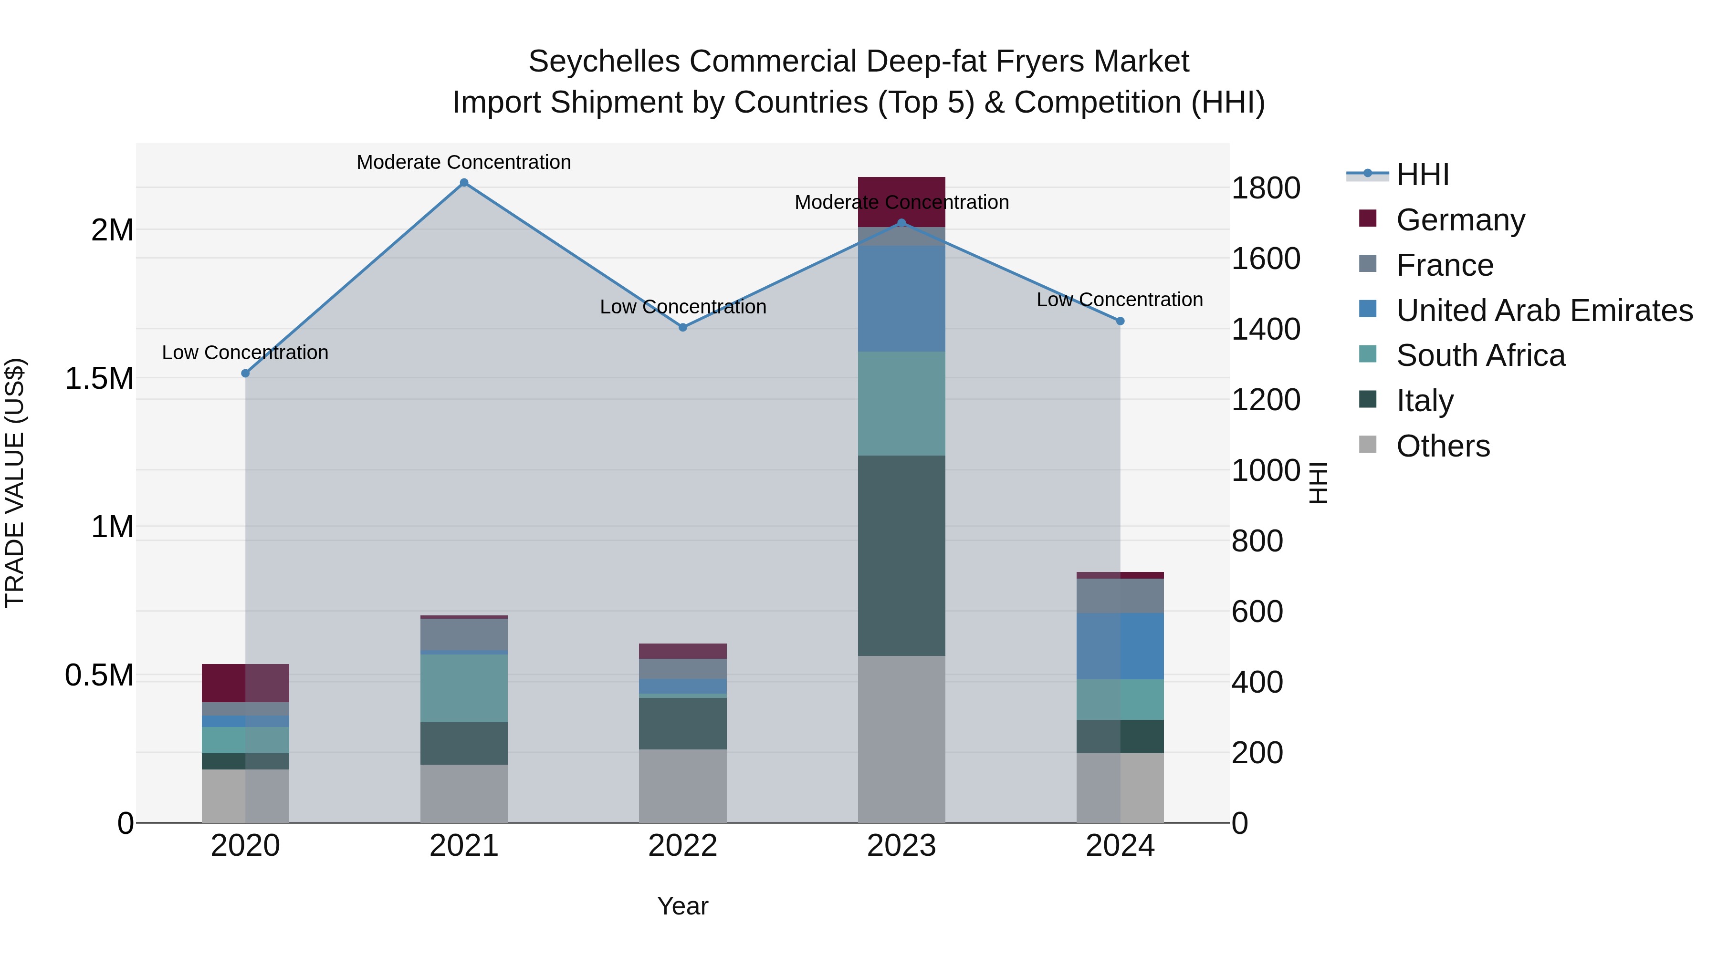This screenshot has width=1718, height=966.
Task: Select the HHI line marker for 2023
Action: [901, 223]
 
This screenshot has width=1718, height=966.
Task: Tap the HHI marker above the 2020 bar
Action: [245, 374]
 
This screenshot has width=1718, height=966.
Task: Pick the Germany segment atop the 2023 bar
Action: [901, 201]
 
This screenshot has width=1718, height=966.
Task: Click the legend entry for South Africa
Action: [1480, 355]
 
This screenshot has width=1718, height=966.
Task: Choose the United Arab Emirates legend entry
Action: [1544, 311]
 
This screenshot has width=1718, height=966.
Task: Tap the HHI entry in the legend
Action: [1422, 175]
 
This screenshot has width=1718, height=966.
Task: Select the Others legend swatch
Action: [1367, 445]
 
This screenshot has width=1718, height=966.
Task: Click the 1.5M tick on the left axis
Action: [99, 379]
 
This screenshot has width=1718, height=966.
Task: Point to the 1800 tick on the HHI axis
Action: [1265, 188]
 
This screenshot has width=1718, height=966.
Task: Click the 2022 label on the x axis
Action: [682, 846]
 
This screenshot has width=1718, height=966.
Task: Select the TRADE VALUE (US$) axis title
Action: [15, 483]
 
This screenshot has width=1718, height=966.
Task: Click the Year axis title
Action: [682, 906]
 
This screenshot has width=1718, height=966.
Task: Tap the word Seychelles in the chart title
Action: [604, 62]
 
